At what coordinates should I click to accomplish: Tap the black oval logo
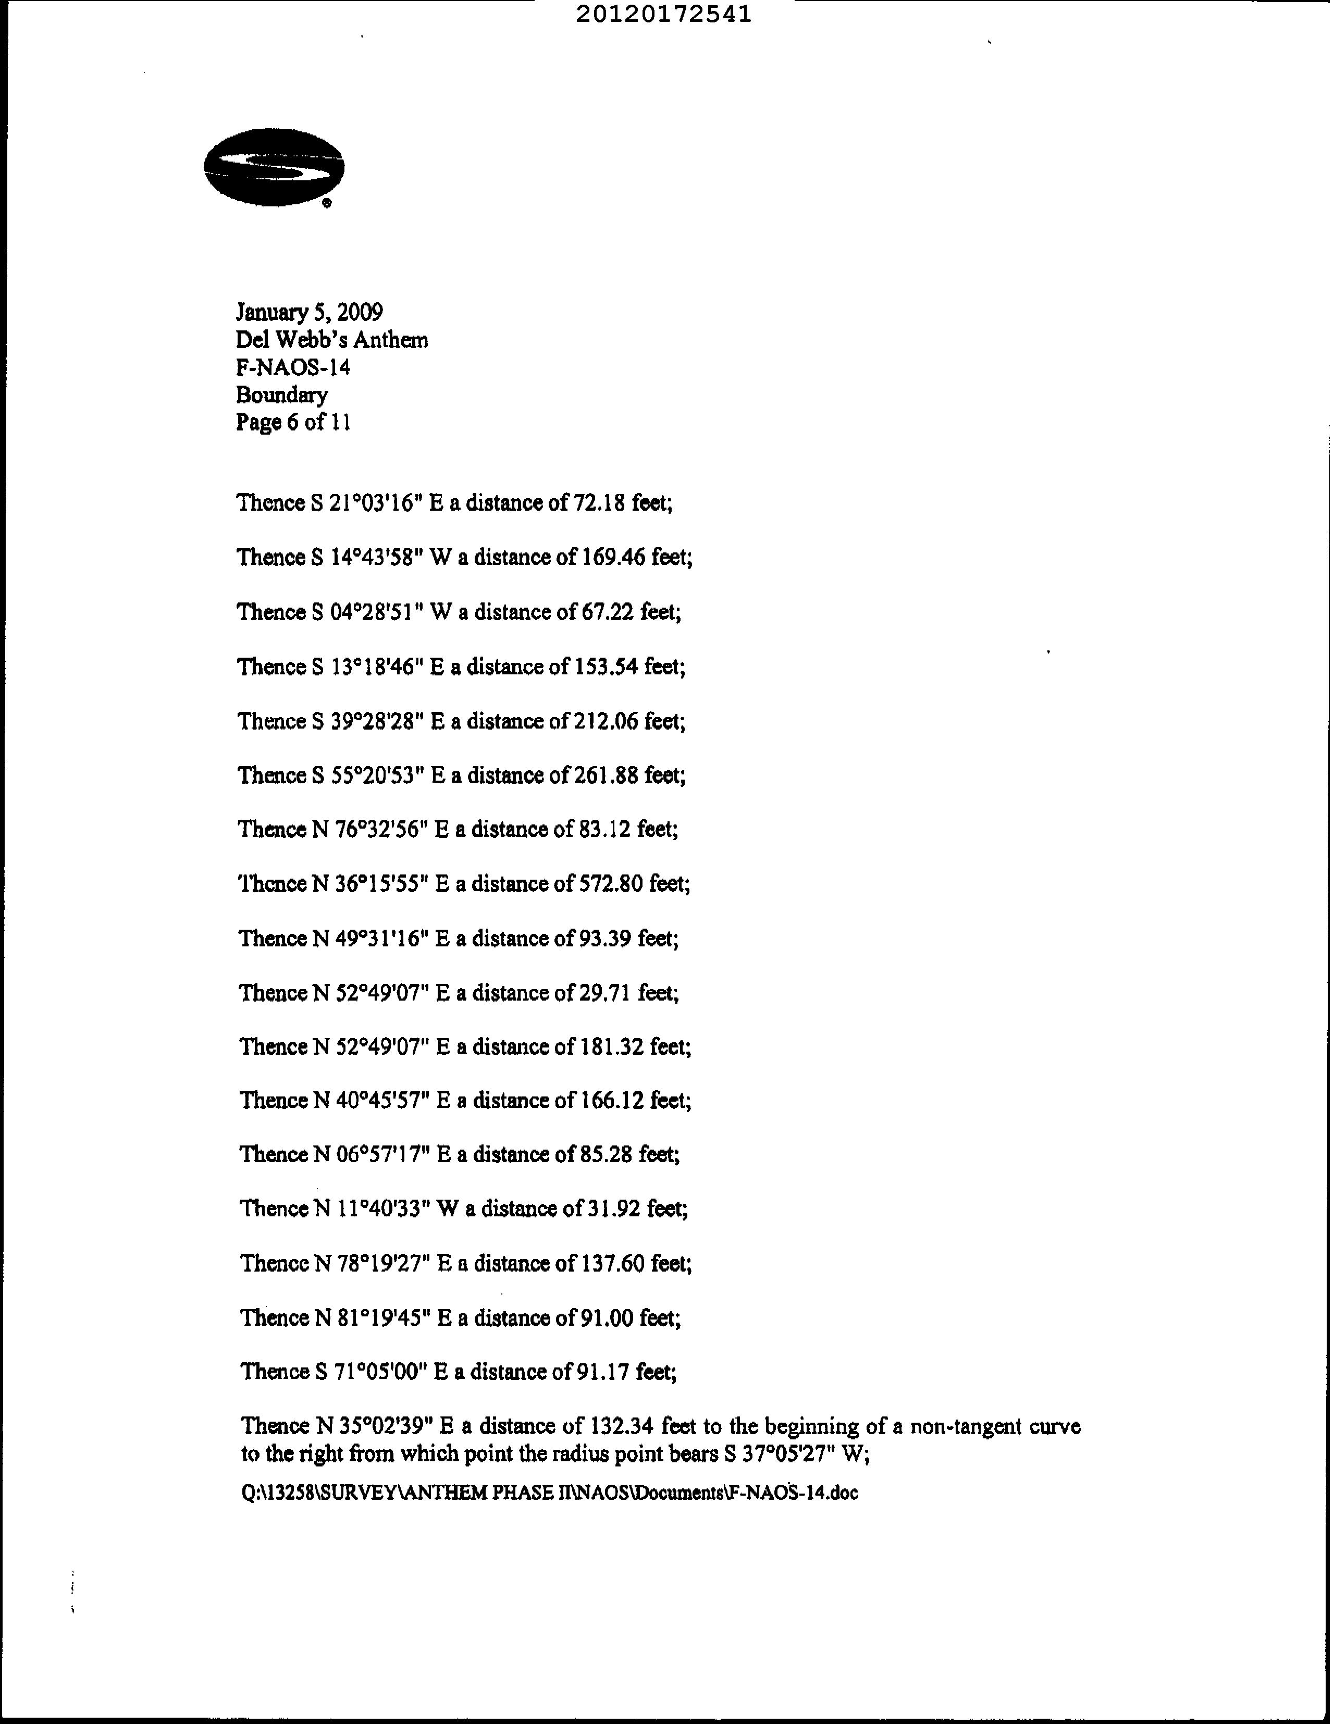(x=274, y=167)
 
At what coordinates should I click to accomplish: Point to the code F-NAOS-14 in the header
(x=292, y=367)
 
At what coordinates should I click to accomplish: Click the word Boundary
(x=281, y=394)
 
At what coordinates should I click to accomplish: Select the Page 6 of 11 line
(x=292, y=422)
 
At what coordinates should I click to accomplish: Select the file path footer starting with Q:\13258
(x=549, y=1493)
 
